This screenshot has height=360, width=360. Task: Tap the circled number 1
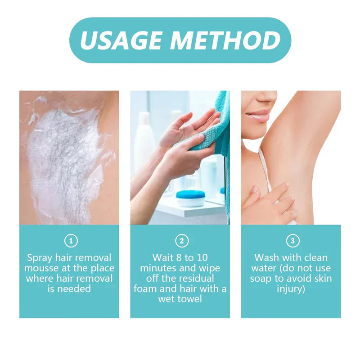(71, 241)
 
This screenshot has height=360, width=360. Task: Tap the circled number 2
(181, 241)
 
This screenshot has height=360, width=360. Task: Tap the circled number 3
(292, 241)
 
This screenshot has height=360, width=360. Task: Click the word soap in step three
(261, 279)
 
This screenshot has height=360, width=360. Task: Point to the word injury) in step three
(291, 288)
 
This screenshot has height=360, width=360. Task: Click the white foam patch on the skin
(63, 157)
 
